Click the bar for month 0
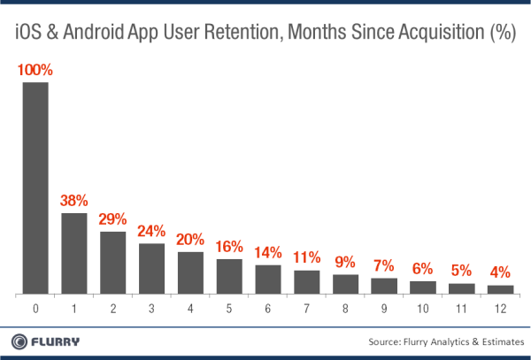pyautogui.click(x=35, y=188)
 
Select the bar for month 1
pyautogui.click(x=73, y=253)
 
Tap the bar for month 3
pyautogui.click(x=151, y=268)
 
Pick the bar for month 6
pyautogui.click(x=268, y=279)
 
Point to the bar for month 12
pyautogui.click(x=500, y=289)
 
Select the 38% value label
pyautogui.click(x=73, y=201)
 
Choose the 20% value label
pyautogui.click(x=190, y=240)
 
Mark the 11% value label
pyautogui.click(x=306, y=258)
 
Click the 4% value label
pyautogui.click(x=500, y=273)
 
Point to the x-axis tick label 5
pyautogui.click(x=229, y=310)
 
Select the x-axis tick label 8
pyautogui.click(x=345, y=310)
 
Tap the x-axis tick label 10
pyautogui.click(x=423, y=310)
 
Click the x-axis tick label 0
pyautogui.click(x=35, y=310)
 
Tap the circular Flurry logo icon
pyautogui.click(x=19, y=341)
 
